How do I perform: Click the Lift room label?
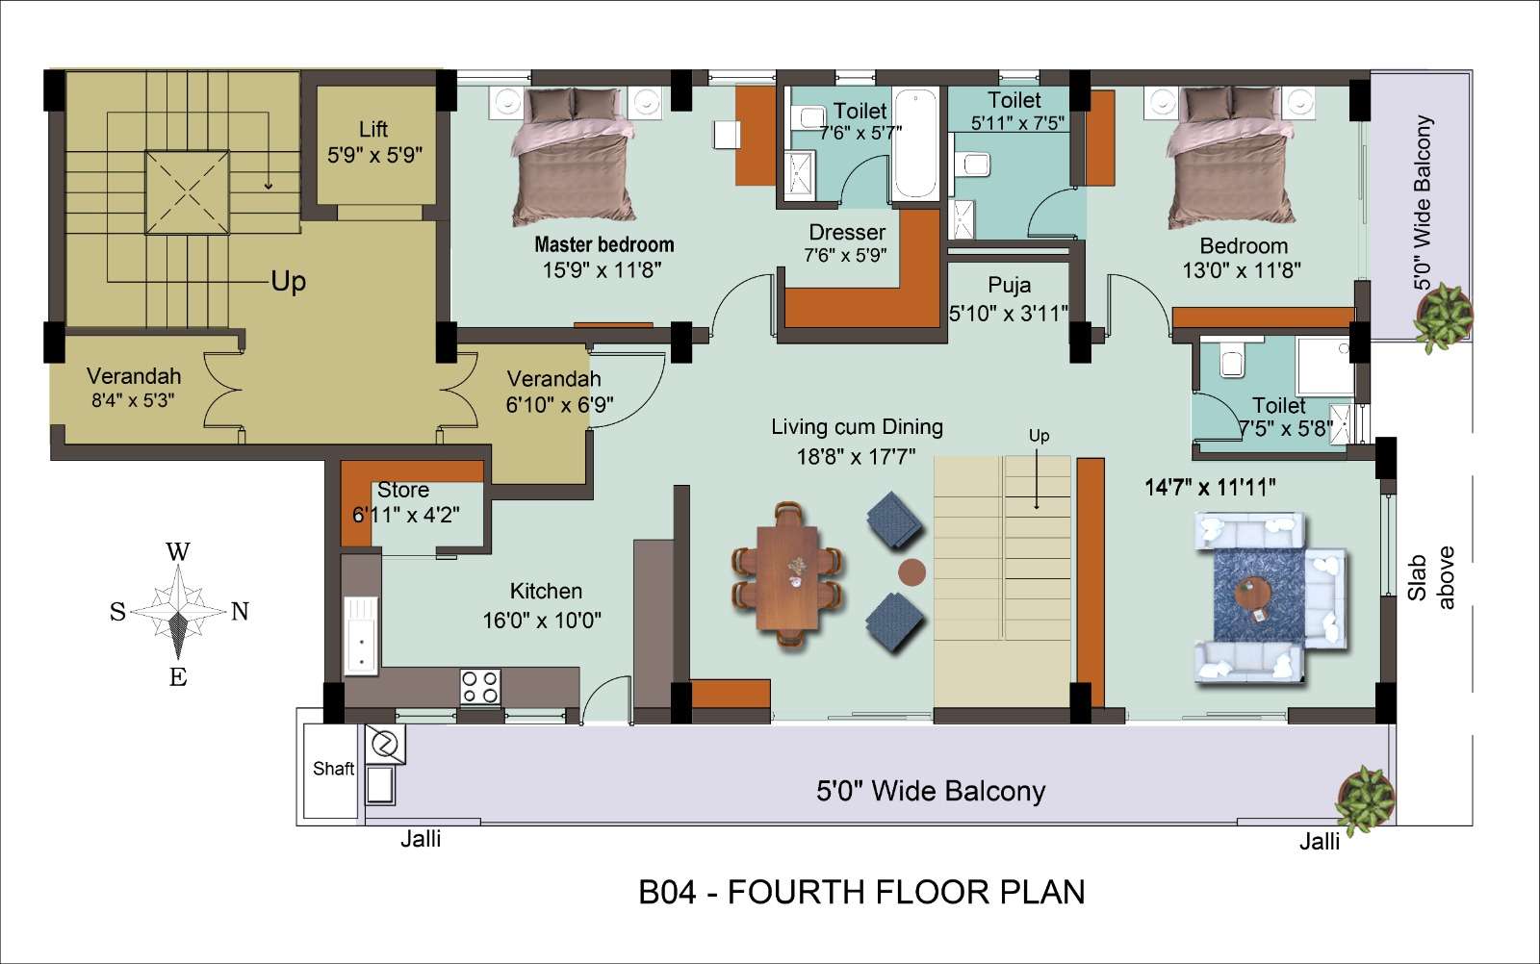pyautogui.click(x=373, y=129)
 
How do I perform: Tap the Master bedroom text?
pyautogui.click(x=604, y=244)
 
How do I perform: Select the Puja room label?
pyautogui.click(x=1010, y=286)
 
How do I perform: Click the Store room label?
pyautogui.click(x=403, y=490)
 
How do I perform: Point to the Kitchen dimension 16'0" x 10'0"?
pyautogui.click(x=542, y=621)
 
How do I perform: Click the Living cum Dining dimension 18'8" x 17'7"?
pyautogui.click(x=856, y=456)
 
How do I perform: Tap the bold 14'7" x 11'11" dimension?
pyautogui.click(x=1210, y=487)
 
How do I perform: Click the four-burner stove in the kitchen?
pyautogui.click(x=480, y=687)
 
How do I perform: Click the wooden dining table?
pyautogui.click(x=788, y=577)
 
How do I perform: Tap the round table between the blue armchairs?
pyautogui.click(x=911, y=571)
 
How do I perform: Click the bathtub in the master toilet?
pyautogui.click(x=915, y=143)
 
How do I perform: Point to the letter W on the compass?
pyautogui.click(x=178, y=551)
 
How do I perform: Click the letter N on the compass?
pyautogui.click(x=240, y=611)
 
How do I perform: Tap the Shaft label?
pyautogui.click(x=333, y=768)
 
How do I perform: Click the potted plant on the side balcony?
pyautogui.click(x=1445, y=317)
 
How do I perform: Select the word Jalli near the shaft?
pyautogui.click(x=421, y=839)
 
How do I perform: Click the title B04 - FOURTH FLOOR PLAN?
pyautogui.click(x=862, y=892)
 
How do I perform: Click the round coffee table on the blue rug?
pyautogui.click(x=1252, y=594)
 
